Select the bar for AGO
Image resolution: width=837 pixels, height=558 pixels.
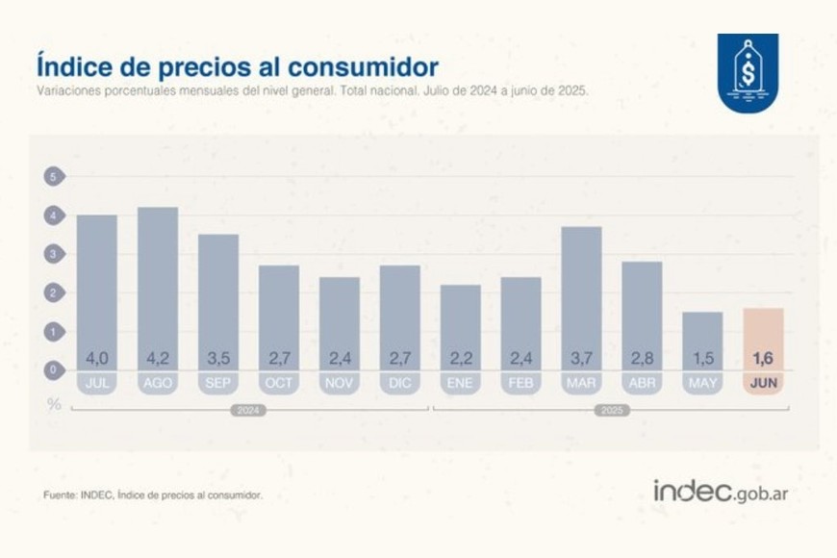pyautogui.click(x=158, y=289)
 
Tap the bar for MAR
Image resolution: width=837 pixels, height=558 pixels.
pyautogui.click(x=581, y=298)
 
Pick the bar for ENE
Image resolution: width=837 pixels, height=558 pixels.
pyautogui.click(x=461, y=327)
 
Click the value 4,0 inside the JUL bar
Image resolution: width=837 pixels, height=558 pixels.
pyautogui.click(x=97, y=359)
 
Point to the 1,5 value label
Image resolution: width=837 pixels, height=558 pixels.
pyautogui.click(x=702, y=359)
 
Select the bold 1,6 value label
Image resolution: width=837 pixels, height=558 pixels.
pyautogui.click(x=763, y=359)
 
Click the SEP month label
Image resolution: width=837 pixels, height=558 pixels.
pyautogui.click(x=218, y=383)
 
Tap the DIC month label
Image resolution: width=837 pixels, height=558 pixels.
pyautogui.click(x=399, y=383)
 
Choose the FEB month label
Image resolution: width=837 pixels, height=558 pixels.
pyautogui.click(x=520, y=383)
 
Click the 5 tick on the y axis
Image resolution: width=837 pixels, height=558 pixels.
pyautogui.click(x=54, y=177)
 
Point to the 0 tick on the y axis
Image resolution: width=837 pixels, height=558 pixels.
pyautogui.click(x=54, y=369)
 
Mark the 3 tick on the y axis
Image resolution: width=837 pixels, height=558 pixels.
pyautogui.click(x=54, y=254)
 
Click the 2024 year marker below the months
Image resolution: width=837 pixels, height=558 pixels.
pyautogui.click(x=248, y=411)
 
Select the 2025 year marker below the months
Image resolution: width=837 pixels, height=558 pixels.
pyautogui.click(x=611, y=411)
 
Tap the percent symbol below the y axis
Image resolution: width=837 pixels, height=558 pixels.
pyautogui.click(x=55, y=403)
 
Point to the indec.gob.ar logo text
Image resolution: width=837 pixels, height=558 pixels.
pyautogui.click(x=721, y=492)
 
